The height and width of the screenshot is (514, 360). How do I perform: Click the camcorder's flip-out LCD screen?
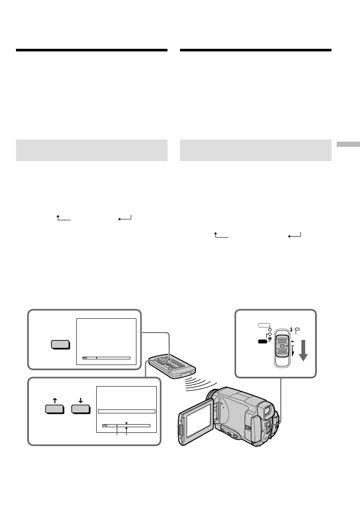tap(195, 421)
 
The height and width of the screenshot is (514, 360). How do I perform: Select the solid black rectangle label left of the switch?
tap(262, 341)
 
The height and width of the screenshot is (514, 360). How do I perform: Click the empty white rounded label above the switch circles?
tap(262, 325)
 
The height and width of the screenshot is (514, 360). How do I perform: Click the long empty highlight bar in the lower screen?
tap(126, 411)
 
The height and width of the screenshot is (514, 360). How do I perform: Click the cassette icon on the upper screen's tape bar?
tap(85, 358)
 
